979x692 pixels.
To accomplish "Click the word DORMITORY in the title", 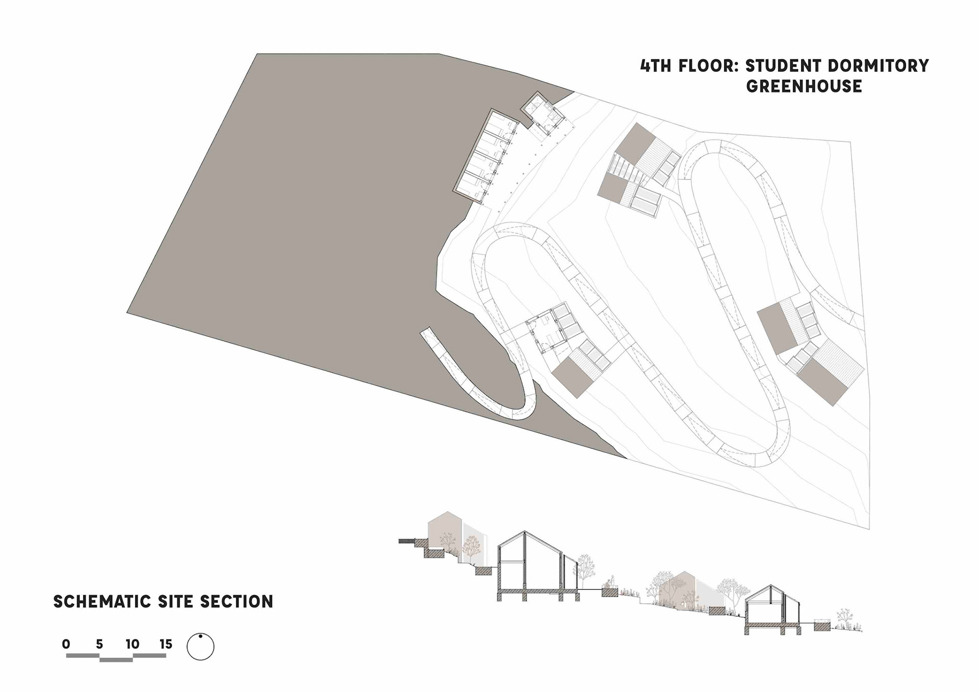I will [879, 66].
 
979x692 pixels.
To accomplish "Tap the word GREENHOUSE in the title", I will [804, 86].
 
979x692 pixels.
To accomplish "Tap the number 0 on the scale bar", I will [66, 644].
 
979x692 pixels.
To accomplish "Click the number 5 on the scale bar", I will [99, 644].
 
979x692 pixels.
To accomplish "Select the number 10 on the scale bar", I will [133, 644].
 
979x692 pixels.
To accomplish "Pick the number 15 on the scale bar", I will [166, 644].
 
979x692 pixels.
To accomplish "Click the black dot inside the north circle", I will [200, 636].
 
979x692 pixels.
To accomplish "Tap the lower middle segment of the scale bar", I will [116, 660].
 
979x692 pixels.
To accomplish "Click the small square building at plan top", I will [542, 114].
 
